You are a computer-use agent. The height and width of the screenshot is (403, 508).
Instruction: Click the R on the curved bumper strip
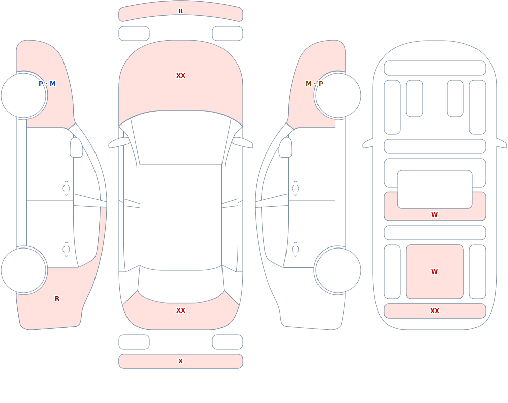click(180, 11)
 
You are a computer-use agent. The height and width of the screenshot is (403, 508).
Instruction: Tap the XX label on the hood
click(181, 76)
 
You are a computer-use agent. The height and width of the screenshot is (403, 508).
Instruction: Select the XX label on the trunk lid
click(181, 311)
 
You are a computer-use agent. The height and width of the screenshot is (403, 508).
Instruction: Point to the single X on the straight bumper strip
click(181, 361)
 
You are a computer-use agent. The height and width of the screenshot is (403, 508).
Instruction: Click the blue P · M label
click(47, 84)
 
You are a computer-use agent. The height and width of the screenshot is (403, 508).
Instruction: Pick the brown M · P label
click(314, 84)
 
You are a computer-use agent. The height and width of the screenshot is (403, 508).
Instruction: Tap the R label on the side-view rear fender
click(57, 299)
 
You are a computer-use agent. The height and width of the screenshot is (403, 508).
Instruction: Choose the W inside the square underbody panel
click(434, 272)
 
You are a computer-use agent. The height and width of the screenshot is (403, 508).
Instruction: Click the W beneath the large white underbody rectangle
click(434, 214)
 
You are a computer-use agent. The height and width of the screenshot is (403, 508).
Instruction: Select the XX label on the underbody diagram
click(434, 311)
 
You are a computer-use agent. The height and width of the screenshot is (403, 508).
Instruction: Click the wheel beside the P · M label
click(24, 96)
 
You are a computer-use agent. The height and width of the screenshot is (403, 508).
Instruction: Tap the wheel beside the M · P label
click(338, 96)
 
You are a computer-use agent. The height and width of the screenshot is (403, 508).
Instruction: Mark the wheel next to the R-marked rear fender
click(24, 270)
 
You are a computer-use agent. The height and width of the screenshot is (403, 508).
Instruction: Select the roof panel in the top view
click(181, 217)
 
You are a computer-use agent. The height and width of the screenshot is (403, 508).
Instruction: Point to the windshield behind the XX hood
click(181, 136)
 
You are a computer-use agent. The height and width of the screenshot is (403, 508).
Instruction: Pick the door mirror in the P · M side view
click(77, 147)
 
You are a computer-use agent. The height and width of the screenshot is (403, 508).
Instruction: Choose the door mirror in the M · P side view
click(285, 147)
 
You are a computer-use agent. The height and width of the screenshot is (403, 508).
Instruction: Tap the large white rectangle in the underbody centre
click(435, 190)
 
